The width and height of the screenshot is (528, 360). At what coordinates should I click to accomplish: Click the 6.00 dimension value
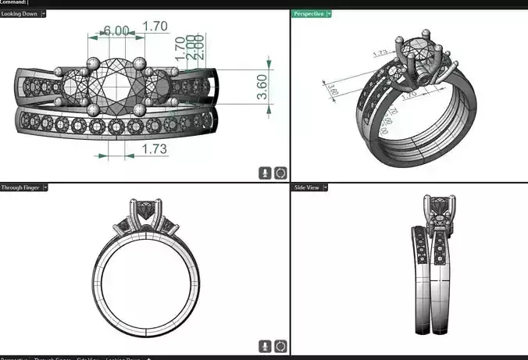coord(116,30)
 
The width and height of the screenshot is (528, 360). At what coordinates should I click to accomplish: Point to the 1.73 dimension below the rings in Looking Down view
coord(154,148)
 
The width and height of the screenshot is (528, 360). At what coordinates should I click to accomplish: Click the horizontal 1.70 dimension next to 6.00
coord(155,26)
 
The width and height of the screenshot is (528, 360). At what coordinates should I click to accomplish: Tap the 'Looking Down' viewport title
coord(19,13)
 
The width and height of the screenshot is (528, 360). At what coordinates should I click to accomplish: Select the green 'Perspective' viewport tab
coord(308,13)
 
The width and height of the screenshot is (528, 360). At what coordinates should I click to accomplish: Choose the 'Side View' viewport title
coord(306,187)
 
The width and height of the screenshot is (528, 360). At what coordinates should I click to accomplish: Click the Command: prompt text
coord(13,3)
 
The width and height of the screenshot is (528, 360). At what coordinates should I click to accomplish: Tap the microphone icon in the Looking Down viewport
coord(266,173)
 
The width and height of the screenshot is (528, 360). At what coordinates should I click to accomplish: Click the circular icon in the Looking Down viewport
coord(280,173)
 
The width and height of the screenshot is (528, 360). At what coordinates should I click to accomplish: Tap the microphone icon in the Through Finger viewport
coord(266,345)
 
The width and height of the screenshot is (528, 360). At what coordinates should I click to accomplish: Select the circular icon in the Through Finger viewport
coord(280,345)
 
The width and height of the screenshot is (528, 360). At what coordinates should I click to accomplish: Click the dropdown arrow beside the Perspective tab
coord(330,13)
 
